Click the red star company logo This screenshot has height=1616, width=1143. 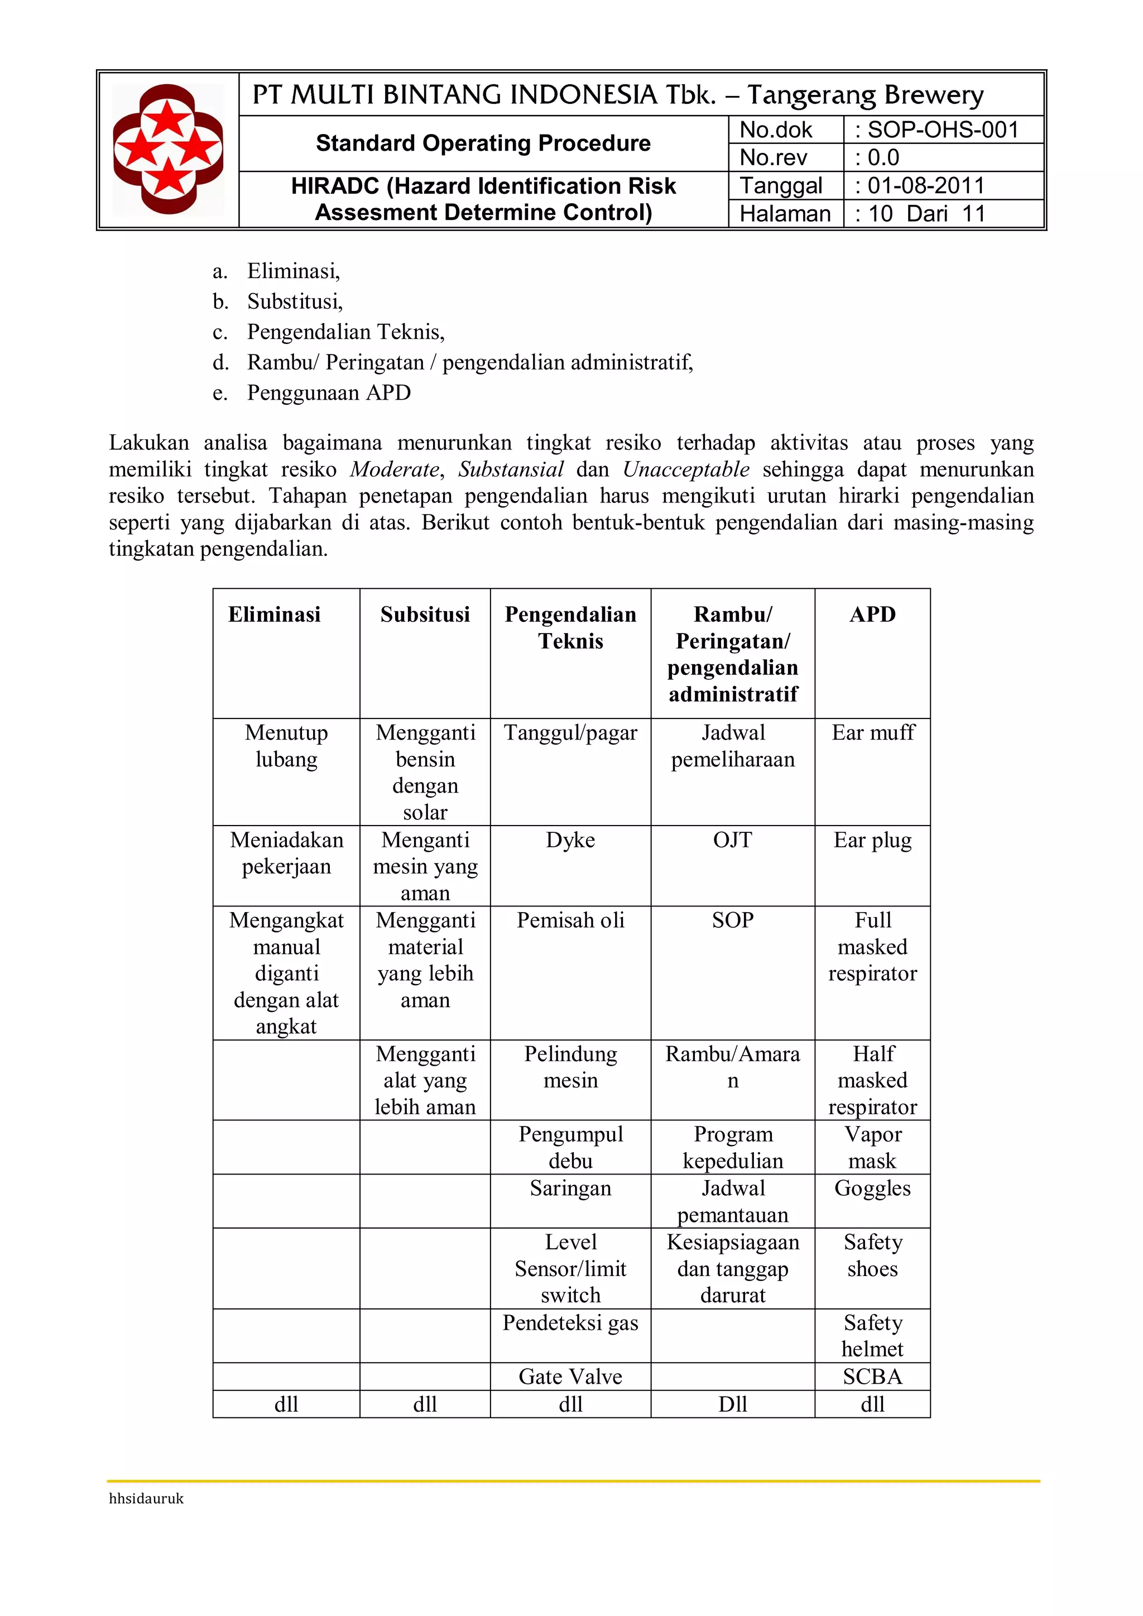(x=168, y=148)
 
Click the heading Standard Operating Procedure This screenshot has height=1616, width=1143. (x=483, y=143)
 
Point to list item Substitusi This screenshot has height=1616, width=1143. (x=294, y=302)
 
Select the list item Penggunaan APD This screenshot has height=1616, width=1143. (x=329, y=393)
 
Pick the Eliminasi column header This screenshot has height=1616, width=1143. (x=274, y=615)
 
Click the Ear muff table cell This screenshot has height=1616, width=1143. (x=873, y=733)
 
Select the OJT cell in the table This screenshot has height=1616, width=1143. (x=732, y=841)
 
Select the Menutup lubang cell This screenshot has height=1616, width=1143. (x=286, y=746)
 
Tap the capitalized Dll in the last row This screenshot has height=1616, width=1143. (x=732, y=1404)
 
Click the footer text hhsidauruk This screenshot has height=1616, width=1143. (x=146, y=1498)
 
